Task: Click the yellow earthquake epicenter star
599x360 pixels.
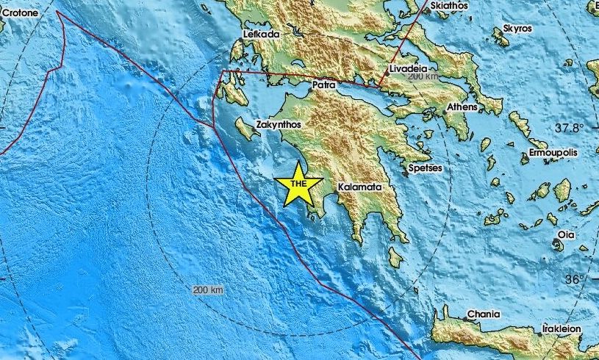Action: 298,186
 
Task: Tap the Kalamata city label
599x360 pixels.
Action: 359,188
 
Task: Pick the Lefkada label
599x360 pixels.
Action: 261,34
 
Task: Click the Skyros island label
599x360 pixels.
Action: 518,29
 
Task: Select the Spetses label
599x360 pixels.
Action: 426,168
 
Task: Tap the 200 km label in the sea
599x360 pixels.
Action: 207,289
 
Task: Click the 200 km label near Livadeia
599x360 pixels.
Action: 423,77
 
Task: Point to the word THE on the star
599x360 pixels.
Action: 298,184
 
